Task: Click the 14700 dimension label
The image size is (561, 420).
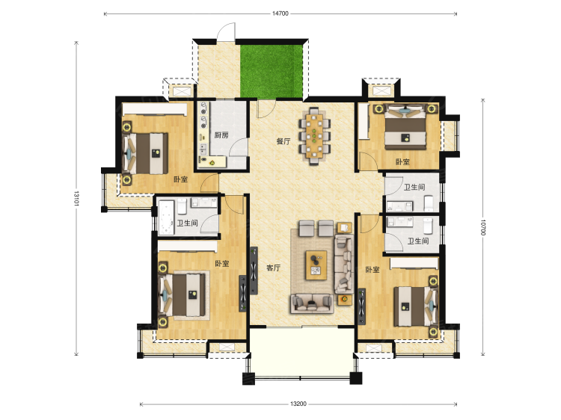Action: [280, 13]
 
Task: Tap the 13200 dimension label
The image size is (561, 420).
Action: [298, 404]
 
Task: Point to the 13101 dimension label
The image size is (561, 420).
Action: [76, 198]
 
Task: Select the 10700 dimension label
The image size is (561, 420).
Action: [482, 227]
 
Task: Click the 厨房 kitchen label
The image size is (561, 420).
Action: [221, 135]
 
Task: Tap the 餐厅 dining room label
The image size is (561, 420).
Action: [283, 141]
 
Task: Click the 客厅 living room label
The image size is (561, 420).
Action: [273, 268]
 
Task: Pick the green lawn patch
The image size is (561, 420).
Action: [272, 71]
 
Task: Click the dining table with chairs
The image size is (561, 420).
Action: [314, 135]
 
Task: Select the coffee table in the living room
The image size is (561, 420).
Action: [316, 265]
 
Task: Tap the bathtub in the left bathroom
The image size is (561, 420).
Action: [166, 217]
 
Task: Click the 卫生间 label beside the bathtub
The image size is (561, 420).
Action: [188, 223]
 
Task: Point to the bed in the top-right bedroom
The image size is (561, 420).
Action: [405, 128]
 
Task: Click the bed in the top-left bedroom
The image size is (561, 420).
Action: [146, 154]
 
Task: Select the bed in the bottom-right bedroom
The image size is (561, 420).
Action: [416, 306]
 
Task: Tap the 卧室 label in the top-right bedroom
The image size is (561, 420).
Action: [402, 162]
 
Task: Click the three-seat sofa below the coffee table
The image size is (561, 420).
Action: [312, 303]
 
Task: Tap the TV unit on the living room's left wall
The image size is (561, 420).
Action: [254, 271]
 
